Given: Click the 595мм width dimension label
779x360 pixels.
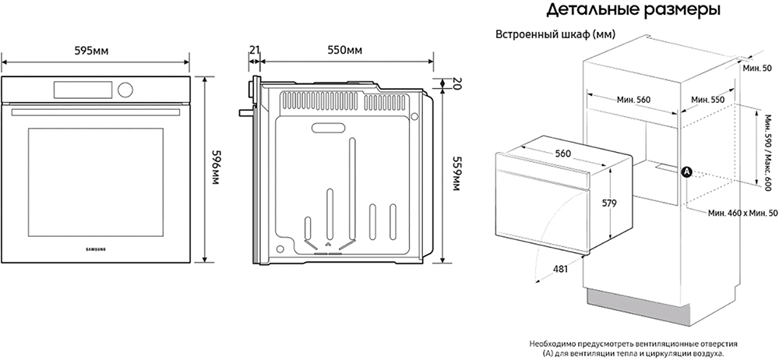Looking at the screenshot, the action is [x=91, y=51].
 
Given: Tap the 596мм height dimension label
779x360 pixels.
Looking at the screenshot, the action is [x=215, y=168].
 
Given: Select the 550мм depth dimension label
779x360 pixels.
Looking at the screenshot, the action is [x=345, y=50].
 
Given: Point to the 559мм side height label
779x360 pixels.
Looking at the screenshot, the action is [x=456, y=172].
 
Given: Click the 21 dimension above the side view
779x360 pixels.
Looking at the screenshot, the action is [x=255, y=50].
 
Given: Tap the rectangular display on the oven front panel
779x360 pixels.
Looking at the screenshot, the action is [x=83, y=90].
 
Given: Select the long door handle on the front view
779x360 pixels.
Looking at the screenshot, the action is [x=95, y=112].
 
